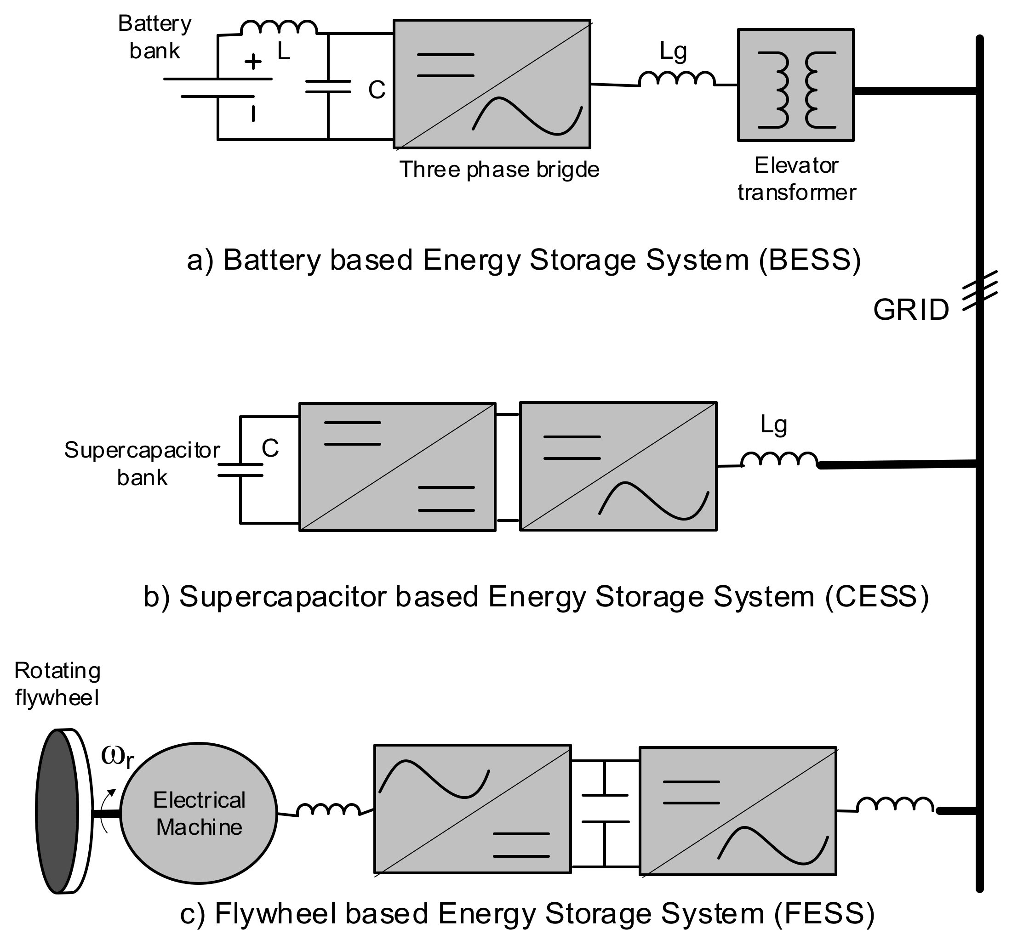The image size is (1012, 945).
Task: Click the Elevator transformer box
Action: [795, 85]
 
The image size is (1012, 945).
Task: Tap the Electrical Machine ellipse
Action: [199, 813]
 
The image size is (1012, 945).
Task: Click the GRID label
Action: [911, 309]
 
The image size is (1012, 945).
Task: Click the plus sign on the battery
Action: [252, 62]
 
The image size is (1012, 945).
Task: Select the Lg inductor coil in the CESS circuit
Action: [779, 459]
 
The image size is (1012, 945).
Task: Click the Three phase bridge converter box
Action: [492, 84]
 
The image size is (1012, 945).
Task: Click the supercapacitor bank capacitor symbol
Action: [240, 470]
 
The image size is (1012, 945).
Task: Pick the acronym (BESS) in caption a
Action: [810, 260]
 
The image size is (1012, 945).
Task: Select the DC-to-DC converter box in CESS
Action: [397, 467]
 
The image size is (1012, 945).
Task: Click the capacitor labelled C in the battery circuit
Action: [328, 87]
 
